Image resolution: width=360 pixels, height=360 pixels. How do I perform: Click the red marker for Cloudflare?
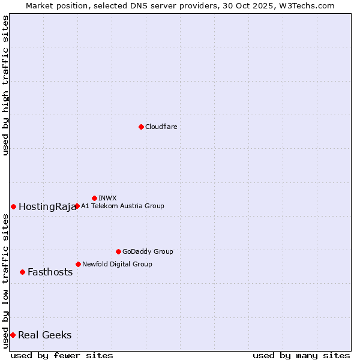(141, 127)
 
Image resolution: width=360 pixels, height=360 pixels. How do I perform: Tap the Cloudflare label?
(161, 127)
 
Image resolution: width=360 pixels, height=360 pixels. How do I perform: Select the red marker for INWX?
(94, 198)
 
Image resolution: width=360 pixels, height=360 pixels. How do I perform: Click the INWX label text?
(107, 198)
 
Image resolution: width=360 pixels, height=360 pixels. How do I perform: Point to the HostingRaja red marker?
(13, 206)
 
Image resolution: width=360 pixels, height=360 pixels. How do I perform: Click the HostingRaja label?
(47, 207)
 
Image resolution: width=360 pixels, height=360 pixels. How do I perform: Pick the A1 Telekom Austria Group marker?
(77, 206)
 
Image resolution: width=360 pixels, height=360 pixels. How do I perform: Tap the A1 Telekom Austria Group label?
(122, 206)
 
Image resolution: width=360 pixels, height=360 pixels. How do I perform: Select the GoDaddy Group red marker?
(118, 251)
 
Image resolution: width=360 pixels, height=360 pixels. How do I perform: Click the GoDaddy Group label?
(148, 251)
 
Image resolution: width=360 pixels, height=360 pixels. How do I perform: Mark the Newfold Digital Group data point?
(78, 264)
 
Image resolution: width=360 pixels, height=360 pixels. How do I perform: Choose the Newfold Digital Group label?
(117, 264)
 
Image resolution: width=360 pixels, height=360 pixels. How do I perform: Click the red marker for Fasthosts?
(22, 272)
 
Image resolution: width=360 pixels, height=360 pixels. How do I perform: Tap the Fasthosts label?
(50, 272)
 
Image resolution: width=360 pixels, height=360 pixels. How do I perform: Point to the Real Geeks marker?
(13, 335)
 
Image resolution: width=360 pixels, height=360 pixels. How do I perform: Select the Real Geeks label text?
(44, 335)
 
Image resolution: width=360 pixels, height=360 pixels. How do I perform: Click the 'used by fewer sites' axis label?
(62, 355)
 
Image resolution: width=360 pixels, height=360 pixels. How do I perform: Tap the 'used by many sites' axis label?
(301, 355)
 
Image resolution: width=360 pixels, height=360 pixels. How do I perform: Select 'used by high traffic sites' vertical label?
(5, 85)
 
